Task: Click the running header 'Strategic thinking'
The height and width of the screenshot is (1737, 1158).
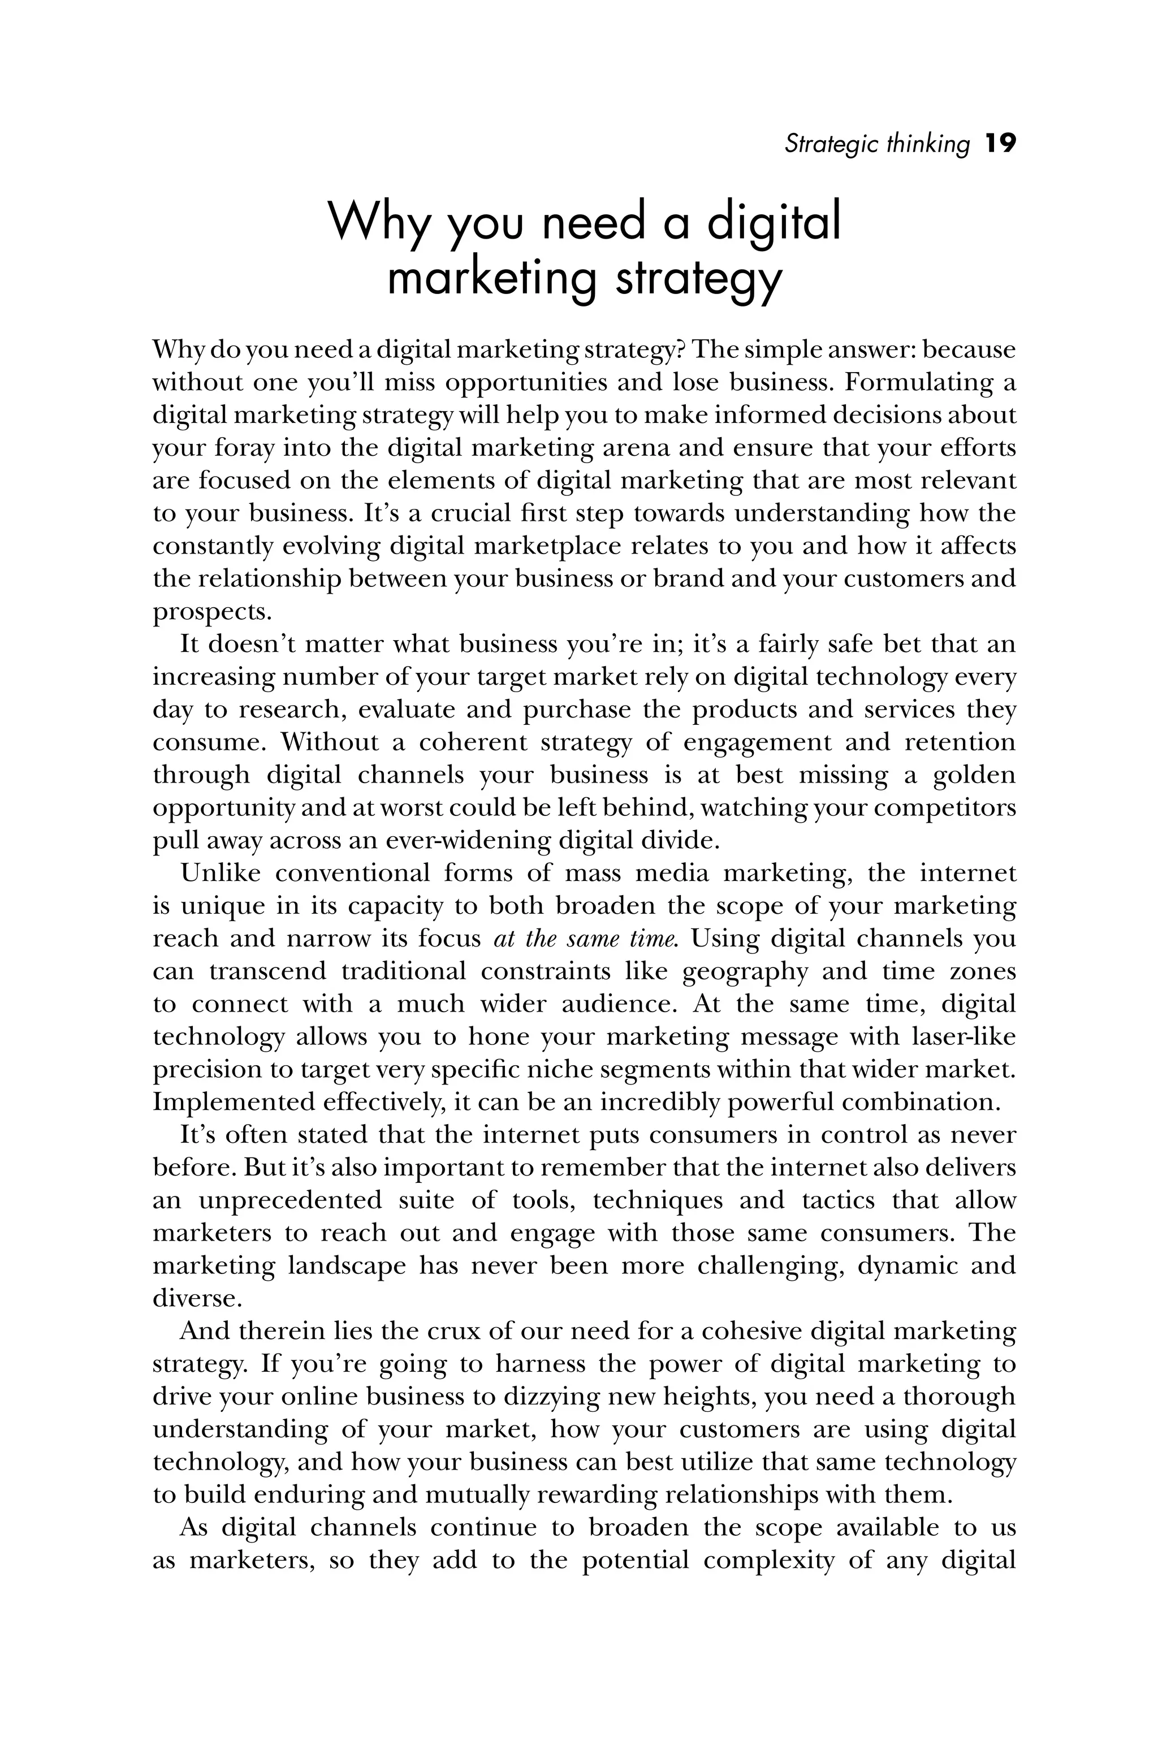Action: tap(876, 144)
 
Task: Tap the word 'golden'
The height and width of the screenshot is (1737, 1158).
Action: tap(974, 775)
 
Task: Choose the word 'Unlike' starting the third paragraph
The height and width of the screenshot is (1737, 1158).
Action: tap(221, 873)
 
